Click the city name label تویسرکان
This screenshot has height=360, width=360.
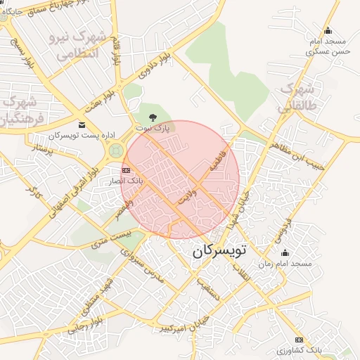coord(219,249)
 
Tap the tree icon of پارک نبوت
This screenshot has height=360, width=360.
coord(153,116)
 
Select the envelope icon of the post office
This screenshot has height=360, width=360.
coord(82,124)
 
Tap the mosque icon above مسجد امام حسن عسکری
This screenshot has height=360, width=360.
coord(327,31)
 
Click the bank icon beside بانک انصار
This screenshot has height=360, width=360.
coord(126,171)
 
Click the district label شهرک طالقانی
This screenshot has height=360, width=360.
coord(295,98)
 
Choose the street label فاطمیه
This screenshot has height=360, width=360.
coord(217,162)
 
